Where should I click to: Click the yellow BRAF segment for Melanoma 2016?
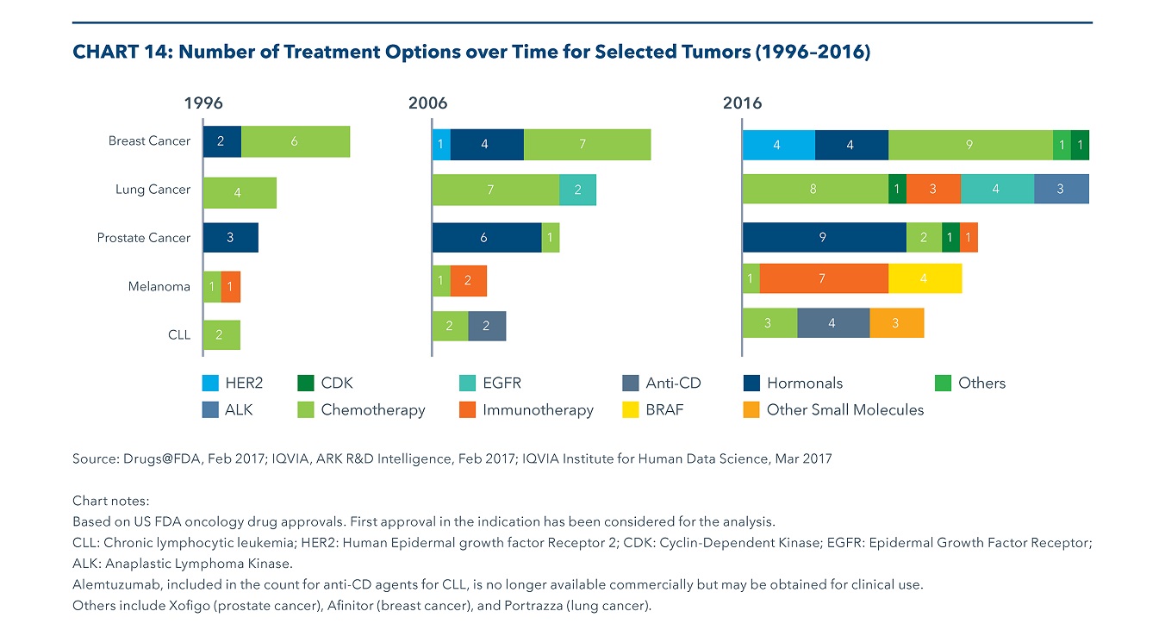coord(925,279)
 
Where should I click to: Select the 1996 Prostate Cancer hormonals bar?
coord(230,238)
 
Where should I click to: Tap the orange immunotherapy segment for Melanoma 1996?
coord(231,287)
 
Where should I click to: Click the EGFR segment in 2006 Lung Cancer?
coord(577,190)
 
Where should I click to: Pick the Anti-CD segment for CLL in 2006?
coord(487,326)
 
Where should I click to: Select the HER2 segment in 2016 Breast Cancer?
coord(778,145)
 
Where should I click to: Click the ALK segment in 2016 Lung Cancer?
coord(1061,190)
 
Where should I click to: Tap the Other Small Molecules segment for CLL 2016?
coord(896,323)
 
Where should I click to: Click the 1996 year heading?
coord(203,103)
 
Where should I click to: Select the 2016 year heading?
coord(742,103)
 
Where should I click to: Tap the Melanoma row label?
coord(159,287)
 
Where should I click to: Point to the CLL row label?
coord(179,334)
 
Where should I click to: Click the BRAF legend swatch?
coord(631,410)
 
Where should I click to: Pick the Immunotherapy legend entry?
coord(538,410)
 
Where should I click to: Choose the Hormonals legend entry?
coord(804,383)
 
